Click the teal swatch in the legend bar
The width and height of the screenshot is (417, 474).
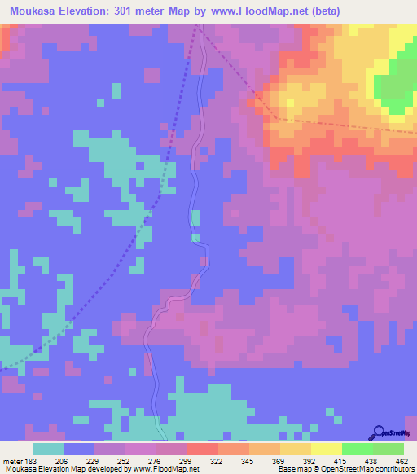47,449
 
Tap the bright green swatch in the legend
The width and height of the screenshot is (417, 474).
358,449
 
